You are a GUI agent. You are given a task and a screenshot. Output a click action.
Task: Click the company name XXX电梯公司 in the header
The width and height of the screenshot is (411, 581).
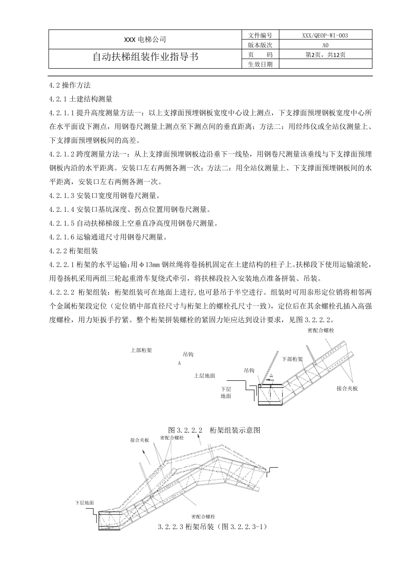click(x=145, y=40)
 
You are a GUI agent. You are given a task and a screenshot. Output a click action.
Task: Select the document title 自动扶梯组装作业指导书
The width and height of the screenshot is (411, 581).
click(x=145, y=57)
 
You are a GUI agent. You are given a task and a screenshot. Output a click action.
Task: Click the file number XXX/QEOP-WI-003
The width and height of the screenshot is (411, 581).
click(x=325, y=35)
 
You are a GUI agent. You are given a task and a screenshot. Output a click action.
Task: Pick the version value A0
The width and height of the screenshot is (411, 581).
click(x=325, y=45)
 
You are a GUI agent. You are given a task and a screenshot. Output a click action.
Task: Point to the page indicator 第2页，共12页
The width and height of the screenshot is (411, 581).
click(x=325, y=55)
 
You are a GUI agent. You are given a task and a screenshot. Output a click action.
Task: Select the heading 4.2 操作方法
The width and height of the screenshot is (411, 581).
click(x=70, y=85)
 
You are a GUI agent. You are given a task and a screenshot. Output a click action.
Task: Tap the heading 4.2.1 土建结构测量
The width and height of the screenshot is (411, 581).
click(x=81, y=99)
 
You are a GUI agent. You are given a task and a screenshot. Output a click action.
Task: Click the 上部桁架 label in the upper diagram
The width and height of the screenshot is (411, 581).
click(x=141, y=350)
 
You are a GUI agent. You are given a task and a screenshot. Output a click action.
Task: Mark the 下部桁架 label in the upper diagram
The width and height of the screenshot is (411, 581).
click(x=292, y=359)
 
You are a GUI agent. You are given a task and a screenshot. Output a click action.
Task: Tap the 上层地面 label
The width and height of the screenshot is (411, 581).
click(x=205, y=376)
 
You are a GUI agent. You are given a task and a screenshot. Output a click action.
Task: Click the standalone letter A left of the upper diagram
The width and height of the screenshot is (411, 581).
click(x=179, y=364)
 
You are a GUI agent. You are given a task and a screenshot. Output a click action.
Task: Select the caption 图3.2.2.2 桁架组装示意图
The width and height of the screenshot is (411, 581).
click(x=214, y=430)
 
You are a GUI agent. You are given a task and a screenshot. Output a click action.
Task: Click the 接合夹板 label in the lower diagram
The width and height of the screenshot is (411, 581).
click(x=140, y=441)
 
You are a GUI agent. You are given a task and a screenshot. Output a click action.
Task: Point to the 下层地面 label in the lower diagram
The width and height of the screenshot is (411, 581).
click(x=84, y=503)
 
